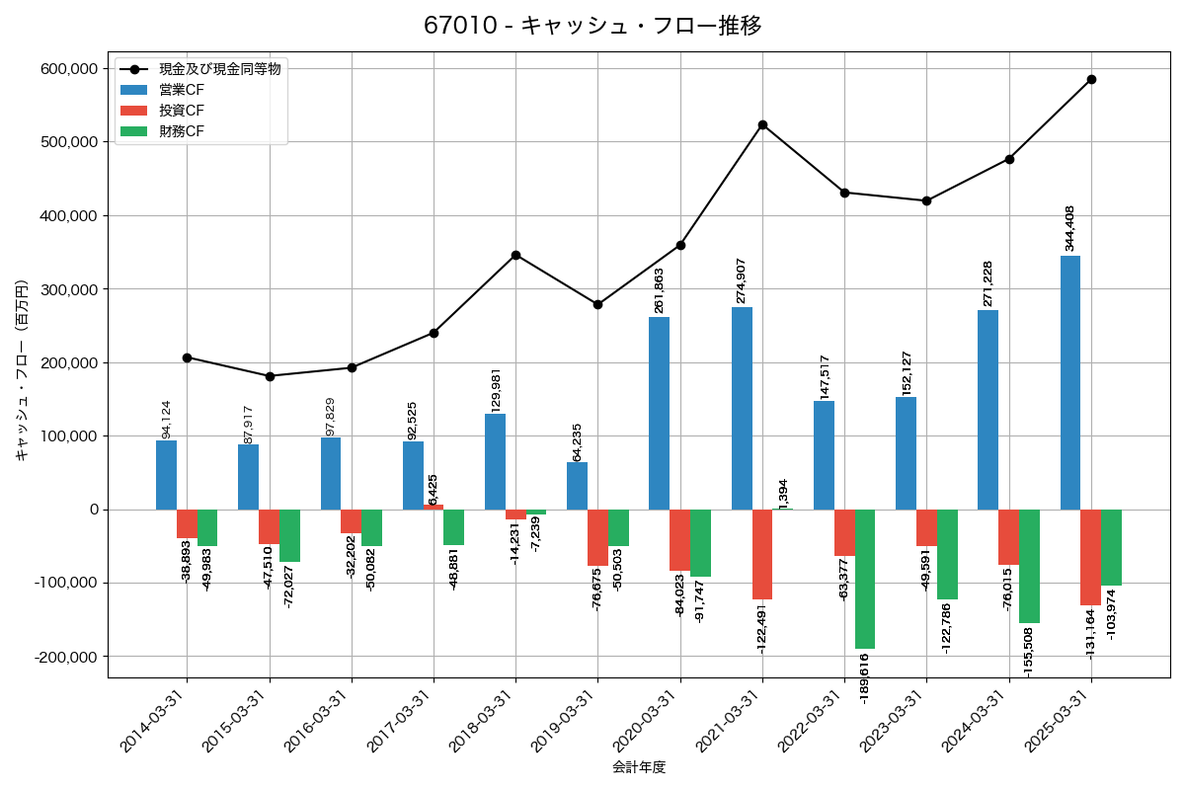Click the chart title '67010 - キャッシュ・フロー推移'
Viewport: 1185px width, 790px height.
click(592, 26)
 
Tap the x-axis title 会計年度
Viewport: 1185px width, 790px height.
click(639, 767)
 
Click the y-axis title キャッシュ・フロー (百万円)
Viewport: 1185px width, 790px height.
click(22, 370)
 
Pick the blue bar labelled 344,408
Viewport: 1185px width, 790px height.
click(1070, 382)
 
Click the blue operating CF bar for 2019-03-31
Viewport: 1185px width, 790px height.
click(577, 486)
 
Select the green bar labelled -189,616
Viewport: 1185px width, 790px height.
click(865, 579)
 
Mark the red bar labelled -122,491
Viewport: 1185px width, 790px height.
click(762, 554)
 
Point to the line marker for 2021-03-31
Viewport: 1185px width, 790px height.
click(762, 124)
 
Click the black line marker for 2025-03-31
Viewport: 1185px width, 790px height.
click(1091, 79)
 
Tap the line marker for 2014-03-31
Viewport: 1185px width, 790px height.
click(187, 357)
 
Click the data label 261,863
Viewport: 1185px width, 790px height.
click(660, 290)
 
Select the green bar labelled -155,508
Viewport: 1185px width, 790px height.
click(1029, 566)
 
